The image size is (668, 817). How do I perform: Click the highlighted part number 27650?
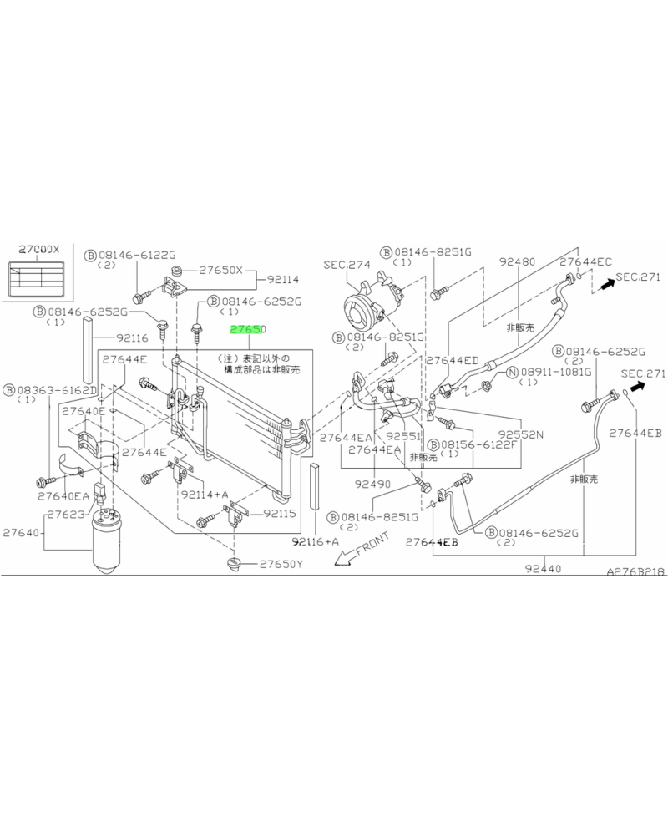[x=248, y=331]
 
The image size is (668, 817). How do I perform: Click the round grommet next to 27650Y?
[x=233, y=566]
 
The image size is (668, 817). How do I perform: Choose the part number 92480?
[x=517, y=261]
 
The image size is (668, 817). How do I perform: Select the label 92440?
[x=544, y=569]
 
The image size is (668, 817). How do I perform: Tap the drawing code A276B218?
[x=635, y=575]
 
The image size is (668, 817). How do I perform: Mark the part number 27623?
[x=65, y=515]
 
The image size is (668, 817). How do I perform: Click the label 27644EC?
[x=585, y=262]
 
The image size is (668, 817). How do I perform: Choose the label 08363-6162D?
[x=55, y=389]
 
